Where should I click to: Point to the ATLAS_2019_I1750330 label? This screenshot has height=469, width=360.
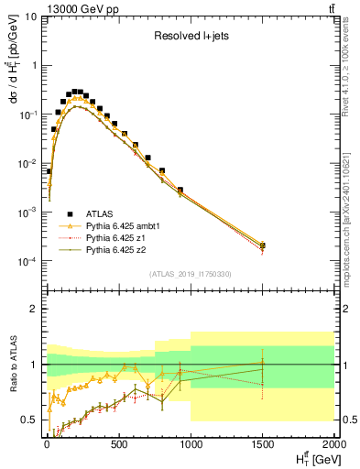tap(190, 274)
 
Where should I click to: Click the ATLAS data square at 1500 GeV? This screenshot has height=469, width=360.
tap(263, 245)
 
